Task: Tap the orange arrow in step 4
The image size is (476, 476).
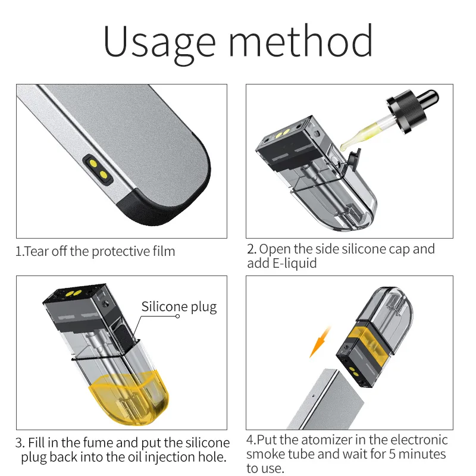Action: click(320, 345)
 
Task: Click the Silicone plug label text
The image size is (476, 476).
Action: click(179, 307)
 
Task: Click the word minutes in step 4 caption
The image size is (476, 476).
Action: click(421, 455)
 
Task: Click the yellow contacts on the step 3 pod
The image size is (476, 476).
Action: click(74, 295)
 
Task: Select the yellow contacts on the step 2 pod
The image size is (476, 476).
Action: click(280, 133)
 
